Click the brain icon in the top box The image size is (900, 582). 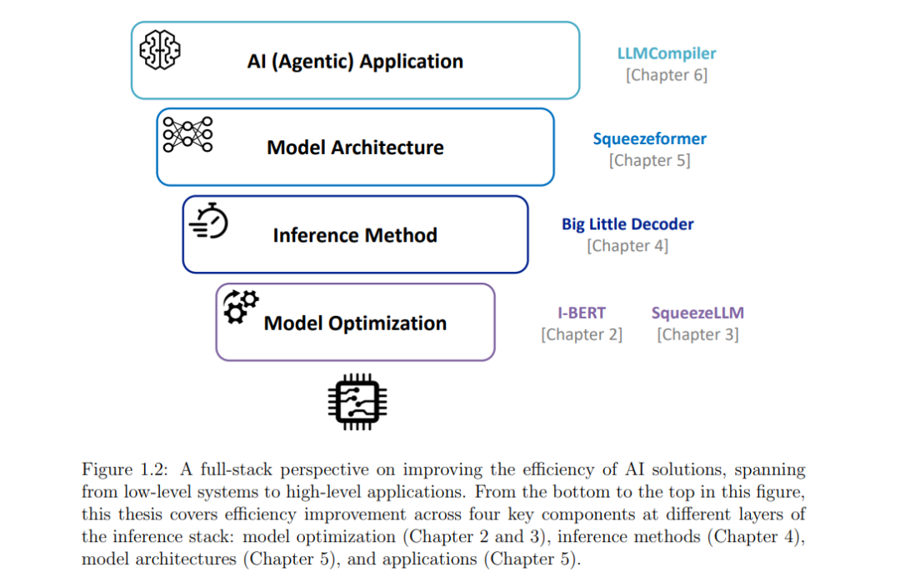coord(159,49)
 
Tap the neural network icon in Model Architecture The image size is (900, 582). coord(187,134)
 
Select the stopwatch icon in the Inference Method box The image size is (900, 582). coord(209,221)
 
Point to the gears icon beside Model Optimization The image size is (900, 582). coord(241,307)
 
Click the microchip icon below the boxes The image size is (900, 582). coord(357,402)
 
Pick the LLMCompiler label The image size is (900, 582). coord(667,53)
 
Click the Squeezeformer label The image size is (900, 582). coord(649,139)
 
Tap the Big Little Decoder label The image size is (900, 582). coord(627,224)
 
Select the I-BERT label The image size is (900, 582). coord(582,313)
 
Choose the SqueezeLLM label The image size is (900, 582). coord(697,313)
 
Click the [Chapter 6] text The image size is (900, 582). coord(667,75)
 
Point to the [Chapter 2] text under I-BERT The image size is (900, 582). coord(582,334)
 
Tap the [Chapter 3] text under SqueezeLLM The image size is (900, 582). coord(697,334)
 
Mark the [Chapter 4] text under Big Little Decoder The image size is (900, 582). coord(627,246)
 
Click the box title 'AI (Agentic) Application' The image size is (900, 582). coord(355,62)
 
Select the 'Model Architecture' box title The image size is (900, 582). coord(355,148)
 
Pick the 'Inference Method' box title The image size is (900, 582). coord(355,235)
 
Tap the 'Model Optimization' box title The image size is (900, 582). coord(355,323)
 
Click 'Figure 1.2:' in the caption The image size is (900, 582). coord(124,470)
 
